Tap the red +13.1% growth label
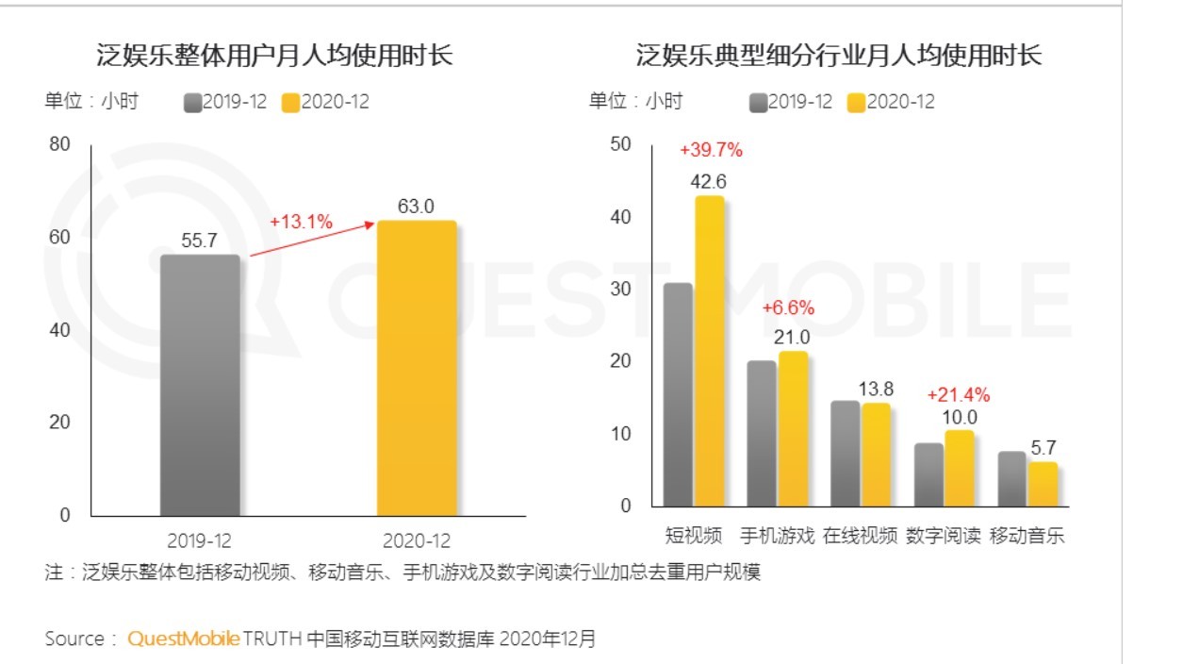click(301, 222)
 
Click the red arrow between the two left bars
click(311, 240)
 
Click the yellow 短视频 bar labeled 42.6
click(709, 350)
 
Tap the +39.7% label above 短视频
click(711, 150)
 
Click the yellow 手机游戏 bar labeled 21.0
click(793, 428)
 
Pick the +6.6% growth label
click(788, 308)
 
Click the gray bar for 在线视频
click(845, 453)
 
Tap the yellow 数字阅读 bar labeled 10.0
click(959, 468)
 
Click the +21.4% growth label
click(959, 394)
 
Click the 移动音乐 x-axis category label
click(1027, 537)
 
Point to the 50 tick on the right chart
click(618, 144)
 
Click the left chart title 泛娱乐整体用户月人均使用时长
click(274, 56)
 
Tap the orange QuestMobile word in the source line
click(183, 639)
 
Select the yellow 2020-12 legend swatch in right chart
click(856, 103)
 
